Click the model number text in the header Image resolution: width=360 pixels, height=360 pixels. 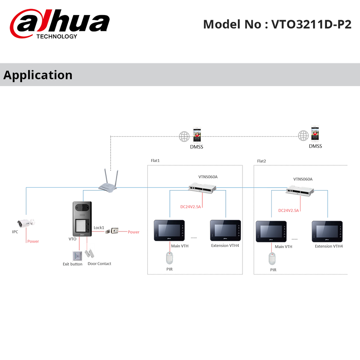tap(277, 24)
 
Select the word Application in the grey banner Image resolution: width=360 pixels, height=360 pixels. tap(38, 75)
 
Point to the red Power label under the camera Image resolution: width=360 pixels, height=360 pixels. tap(33, 241)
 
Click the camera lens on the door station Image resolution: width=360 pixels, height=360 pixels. tap(80, 207)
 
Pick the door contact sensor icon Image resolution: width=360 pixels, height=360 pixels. tap(90, 251)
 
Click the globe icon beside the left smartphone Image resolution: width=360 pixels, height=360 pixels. tap(184, 136)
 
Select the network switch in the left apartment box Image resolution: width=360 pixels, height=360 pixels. tap(202, 186)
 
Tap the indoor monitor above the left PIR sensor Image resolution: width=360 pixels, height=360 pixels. tap(170, 230)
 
